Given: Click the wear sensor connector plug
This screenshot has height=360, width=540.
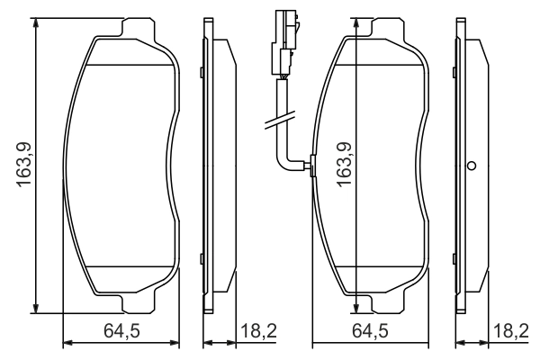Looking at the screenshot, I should [285, 40].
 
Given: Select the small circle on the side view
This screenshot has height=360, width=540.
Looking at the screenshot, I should [470, 166].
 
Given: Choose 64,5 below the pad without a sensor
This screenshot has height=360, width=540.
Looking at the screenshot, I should [121, 331].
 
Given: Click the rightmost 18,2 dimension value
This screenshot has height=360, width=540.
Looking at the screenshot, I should [511, 331].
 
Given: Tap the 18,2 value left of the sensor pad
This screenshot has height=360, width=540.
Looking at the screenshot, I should [259, 331].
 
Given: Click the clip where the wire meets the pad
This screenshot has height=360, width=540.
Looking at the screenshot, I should [311, 165].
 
